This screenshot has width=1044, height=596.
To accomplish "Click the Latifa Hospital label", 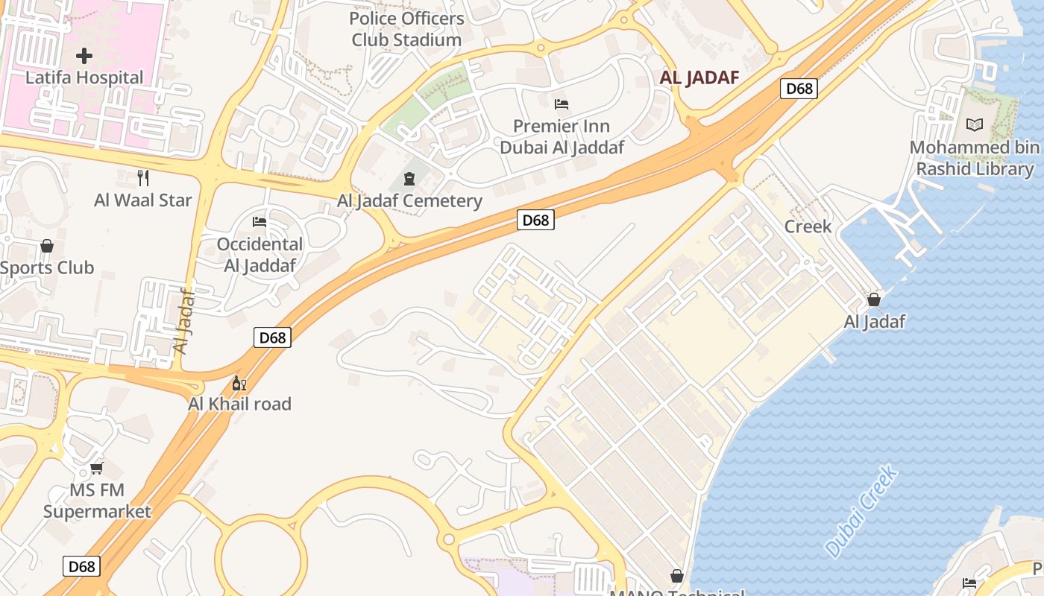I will coord(84,77).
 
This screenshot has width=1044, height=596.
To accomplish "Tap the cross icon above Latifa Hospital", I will coord(84,55).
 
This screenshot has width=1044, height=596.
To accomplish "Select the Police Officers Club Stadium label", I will coord(406,29).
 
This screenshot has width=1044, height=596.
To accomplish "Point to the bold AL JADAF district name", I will coord(699,77).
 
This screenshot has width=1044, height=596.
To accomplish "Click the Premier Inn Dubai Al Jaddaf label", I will coord(562,136).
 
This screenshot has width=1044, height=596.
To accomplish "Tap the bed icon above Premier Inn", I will coord(562,104).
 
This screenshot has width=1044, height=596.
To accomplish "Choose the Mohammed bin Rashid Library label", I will coord(974,158).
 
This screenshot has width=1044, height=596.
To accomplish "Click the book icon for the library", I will coord(974,125).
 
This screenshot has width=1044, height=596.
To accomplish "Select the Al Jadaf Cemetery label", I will coord(409,200).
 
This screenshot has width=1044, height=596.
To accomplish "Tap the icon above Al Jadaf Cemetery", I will coord(409,178).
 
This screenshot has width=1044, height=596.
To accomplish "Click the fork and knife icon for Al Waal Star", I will coord(143,177).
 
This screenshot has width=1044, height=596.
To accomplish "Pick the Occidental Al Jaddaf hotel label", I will coord(260,255).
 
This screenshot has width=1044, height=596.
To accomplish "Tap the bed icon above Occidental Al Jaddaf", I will coord(260,222).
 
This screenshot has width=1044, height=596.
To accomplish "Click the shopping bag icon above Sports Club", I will coord(47,245).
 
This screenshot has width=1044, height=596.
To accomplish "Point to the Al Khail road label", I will coord(239,404).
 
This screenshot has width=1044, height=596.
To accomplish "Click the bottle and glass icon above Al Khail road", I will coord(239,384).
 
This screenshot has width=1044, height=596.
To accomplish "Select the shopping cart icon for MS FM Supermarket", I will coord(96,468).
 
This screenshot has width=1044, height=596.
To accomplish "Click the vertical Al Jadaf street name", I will coord(183,320).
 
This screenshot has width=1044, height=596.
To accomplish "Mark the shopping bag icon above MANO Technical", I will coord(677,576).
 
